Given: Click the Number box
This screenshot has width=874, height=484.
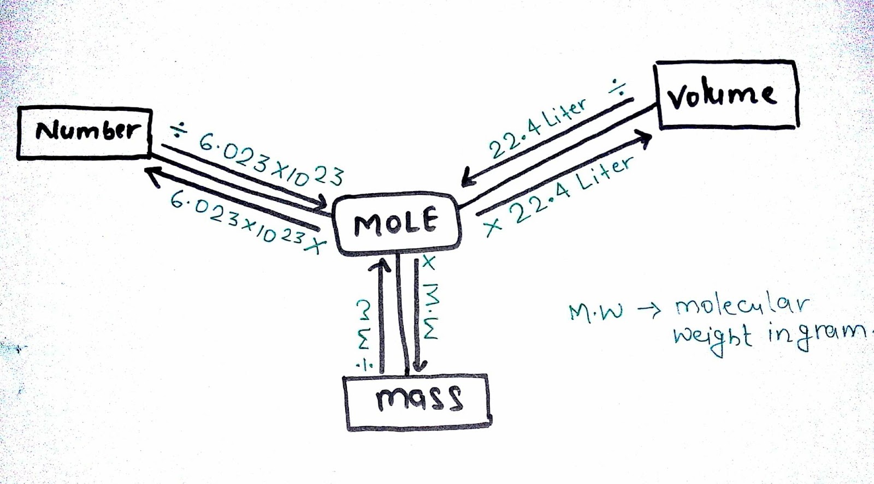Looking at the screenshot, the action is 85,133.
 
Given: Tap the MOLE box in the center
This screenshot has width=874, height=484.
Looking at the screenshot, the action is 397,224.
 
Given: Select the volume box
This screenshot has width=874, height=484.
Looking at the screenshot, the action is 727,95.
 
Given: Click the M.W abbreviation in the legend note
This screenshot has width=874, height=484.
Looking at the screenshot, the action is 595,313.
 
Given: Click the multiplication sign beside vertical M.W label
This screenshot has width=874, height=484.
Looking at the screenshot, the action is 429,264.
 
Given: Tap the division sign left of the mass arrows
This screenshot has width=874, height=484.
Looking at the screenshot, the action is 362,365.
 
